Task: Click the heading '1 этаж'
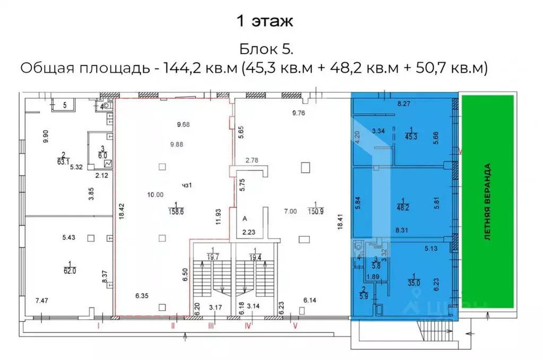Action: click(264, 22)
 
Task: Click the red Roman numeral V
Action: click(296, 327)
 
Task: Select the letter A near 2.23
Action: click(245, 218)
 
